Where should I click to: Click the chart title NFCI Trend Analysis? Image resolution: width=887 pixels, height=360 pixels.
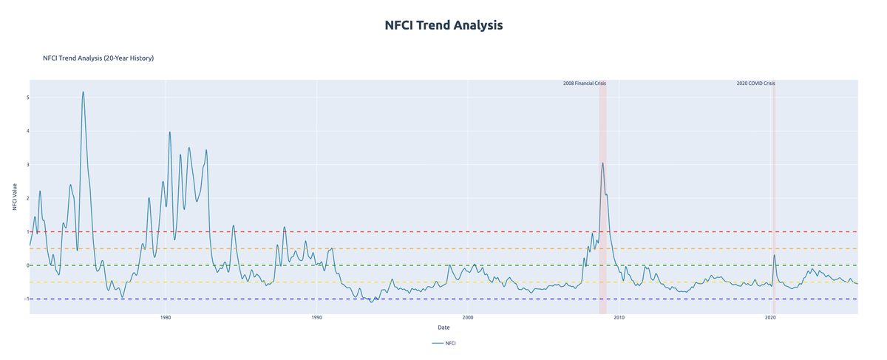pyautogui.click(x=443, y=25)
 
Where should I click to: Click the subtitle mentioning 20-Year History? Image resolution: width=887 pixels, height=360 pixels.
pyautogui.click(x=98, y=58)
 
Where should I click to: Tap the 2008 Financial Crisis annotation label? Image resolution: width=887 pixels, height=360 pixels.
pyautogui.click(x=584, y=84)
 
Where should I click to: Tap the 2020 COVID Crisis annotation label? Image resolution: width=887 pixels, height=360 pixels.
pyautogui.click(x=755, y=84)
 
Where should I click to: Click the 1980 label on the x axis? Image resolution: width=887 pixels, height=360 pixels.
pyautogui.click(x=166, y=318)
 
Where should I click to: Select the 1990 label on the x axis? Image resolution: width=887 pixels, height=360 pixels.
pyautogui.click(x=316, y=318)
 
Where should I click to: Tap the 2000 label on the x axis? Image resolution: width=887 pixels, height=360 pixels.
pyautogui.click(x=468, y=318)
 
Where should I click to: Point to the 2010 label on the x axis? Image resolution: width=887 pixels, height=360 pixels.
pyautogui.click(x=619, y=318)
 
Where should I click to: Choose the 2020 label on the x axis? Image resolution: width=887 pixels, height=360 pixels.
pyautogui.click(x=770, y=318)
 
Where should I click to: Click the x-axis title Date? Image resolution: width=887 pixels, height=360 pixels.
pyautogui.click(x=443, y=327)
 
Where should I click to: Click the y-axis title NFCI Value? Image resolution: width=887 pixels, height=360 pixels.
pyautogui.click(x=14, y=198)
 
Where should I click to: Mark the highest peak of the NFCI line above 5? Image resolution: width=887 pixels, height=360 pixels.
pyautogui.click(x=83, y=92)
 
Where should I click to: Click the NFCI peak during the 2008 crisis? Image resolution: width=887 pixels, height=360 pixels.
pyautogui.click(x=602, y=163)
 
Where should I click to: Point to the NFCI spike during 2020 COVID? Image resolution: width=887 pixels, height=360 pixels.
pyautogui.click(x=774, y=256)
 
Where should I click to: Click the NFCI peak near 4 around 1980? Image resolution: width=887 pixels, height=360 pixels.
pyautogui.click(x=170, y=132)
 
